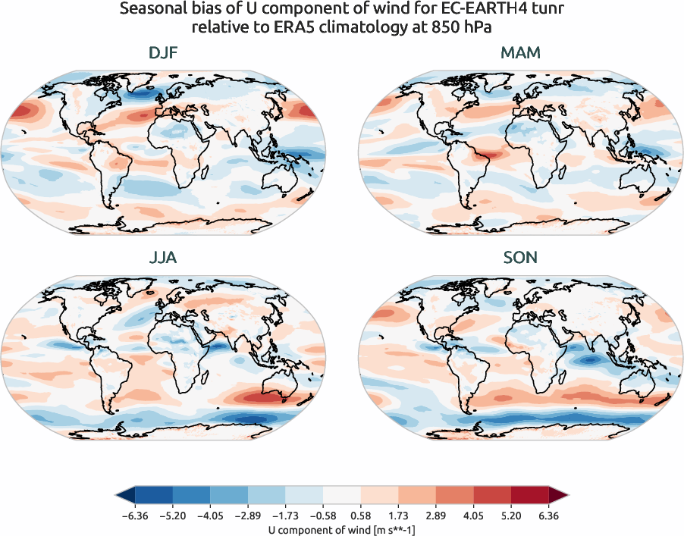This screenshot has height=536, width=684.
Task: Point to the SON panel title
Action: (x=520, y=258)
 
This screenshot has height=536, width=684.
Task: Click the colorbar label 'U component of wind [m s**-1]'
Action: (x=342, y=530)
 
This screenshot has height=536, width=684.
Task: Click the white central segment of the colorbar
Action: (x=342, y=497)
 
